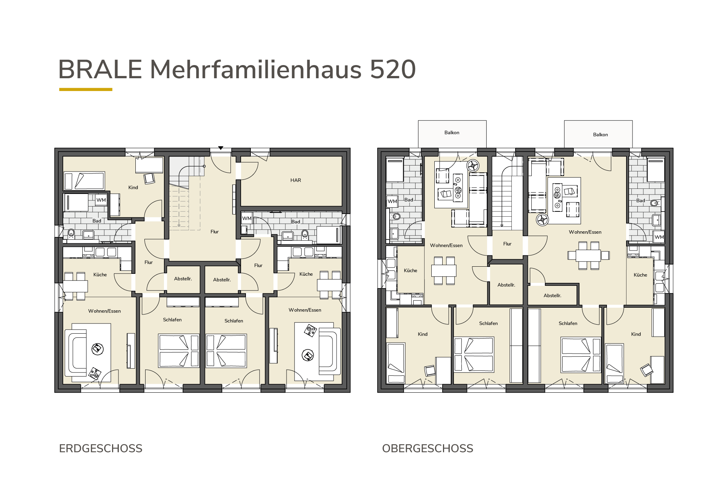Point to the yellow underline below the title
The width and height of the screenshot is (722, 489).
pyautogui.click(x=86, y=90)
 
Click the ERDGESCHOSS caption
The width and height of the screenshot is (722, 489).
pyautogui.click(x=101, y=448)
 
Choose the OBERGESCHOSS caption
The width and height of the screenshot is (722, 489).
pyautogui.click(x=428, y=448)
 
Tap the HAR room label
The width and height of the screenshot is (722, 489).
pyautogui.click(x=296, y=180)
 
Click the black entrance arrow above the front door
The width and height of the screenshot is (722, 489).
pyautogui.click(x=221, y=148)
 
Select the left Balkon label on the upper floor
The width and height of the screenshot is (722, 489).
pyautogui.click(x=452, y=132)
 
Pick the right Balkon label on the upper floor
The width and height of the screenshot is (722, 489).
pyautogui.click(x=600, y=135)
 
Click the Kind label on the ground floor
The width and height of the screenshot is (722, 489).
pyautogui.click(x=133, y=187)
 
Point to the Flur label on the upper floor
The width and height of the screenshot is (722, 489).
pyautogui.click(x=507, y=244)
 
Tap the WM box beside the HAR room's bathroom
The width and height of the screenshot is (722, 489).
pyautogui.click(x=247, y=218)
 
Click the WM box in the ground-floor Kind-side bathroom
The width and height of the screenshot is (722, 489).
pyautogui.click(x=101, y=200)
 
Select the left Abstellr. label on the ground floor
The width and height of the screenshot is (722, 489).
pyautogui.click(x=183, y=279)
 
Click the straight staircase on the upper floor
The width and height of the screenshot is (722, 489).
pyautogui.click(x=502, y=203)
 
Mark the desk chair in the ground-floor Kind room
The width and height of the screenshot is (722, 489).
pyautogui.click(x=149, y=178)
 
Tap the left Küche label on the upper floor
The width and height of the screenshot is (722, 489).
pyautogui.click(x=410, y=270)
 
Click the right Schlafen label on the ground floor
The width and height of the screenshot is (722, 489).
pyautogui.click(x=234, y=321)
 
